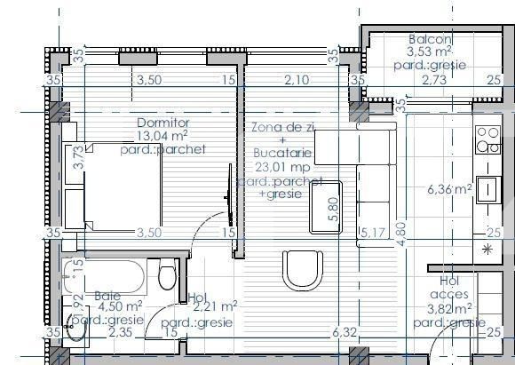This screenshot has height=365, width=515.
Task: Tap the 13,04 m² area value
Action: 161,136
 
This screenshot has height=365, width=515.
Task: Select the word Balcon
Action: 431,40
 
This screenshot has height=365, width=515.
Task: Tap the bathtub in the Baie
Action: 107,277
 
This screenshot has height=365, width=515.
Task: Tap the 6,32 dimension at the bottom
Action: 343,332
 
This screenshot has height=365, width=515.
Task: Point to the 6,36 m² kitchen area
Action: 449,189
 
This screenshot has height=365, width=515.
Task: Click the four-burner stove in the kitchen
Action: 487,140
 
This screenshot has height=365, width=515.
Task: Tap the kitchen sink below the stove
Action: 487,188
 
